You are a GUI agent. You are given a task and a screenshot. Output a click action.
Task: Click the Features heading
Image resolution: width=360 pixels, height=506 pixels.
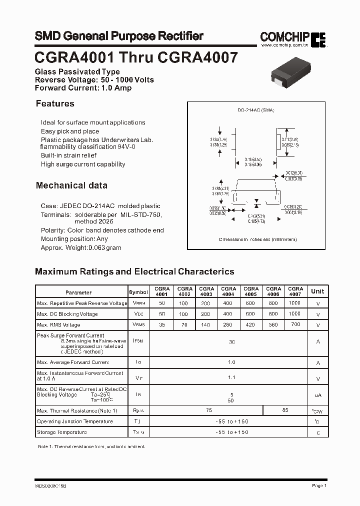(55, 103)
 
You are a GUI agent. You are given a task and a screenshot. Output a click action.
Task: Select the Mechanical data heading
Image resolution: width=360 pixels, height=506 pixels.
(71, 185)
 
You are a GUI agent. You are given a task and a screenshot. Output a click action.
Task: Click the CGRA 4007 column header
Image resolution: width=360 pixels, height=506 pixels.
(295, 291)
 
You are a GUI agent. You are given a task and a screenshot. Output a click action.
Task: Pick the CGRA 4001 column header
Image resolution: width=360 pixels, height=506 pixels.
(162, 291)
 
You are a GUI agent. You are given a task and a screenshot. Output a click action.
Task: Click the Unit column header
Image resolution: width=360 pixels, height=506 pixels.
(317, 291)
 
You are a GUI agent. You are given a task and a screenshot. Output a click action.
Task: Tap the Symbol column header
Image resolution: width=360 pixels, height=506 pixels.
(138, 292)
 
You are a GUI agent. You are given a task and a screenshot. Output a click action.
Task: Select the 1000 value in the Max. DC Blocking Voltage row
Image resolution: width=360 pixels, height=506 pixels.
(295, 314)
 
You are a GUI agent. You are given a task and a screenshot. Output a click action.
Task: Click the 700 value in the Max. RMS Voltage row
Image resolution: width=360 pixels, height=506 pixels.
(295, 325)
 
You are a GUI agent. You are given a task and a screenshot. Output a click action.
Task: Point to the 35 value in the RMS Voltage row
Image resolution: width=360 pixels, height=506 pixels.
(161, 325)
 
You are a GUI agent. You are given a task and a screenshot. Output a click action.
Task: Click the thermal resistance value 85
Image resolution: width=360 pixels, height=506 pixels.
(285, 410)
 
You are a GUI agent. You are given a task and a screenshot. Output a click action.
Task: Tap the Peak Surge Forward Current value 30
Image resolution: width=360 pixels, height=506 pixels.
(231, 342)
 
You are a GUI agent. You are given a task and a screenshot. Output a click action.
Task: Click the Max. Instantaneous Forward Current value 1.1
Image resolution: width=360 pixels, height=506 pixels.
(231, 378)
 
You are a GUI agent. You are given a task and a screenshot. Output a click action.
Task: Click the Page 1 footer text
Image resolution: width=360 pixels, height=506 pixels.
(319, 485)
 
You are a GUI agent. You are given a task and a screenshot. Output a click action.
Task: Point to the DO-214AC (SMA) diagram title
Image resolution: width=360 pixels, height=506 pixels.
(256, 110)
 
